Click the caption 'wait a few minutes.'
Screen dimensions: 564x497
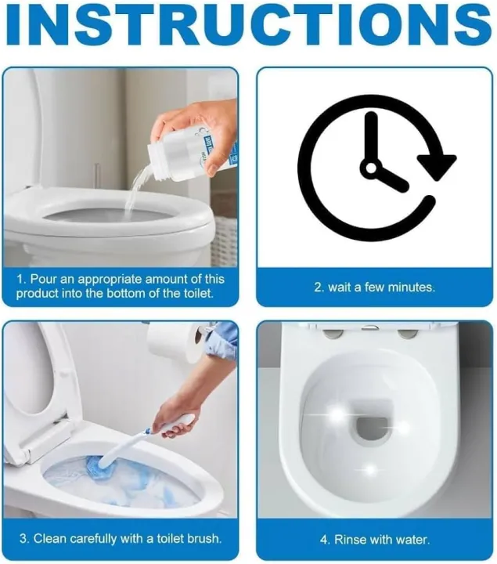[x=374, y=287]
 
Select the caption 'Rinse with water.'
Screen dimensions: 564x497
[x=375, y=540]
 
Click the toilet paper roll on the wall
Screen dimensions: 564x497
[x=175, y=343]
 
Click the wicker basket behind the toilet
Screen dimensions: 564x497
[x=225, y=239]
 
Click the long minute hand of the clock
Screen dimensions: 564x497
[x=370, y=141]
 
